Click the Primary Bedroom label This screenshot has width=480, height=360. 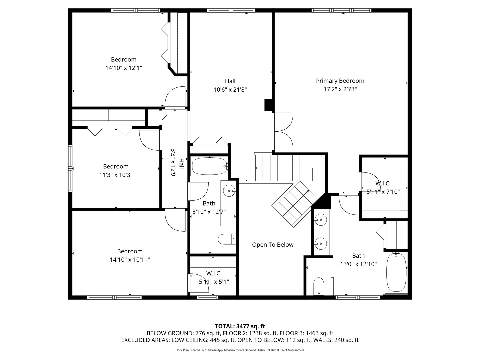(340, 81)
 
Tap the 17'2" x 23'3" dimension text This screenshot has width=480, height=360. (340, 89)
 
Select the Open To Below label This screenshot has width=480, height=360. (273, 245)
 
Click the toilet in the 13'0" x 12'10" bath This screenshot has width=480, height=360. (319, 286)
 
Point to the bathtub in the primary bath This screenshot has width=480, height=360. (396, 272)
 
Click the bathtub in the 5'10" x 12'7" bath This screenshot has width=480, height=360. (209, 166)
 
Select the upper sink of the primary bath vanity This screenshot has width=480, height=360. (320, 219)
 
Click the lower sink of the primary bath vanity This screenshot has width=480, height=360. (320, 243)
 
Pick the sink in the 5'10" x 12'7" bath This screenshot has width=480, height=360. (229, 191)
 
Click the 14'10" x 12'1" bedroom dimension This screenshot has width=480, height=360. (124, 68)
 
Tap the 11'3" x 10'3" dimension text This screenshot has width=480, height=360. (116, 175)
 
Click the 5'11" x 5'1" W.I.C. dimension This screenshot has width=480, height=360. (214, 282)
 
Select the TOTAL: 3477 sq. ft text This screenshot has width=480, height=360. (240, 326)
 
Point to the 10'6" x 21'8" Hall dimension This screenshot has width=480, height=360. (230, 90)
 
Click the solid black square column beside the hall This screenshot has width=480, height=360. (269, 105)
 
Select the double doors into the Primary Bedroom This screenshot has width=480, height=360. (283, 131)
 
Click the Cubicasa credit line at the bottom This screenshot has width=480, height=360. (240, 350)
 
